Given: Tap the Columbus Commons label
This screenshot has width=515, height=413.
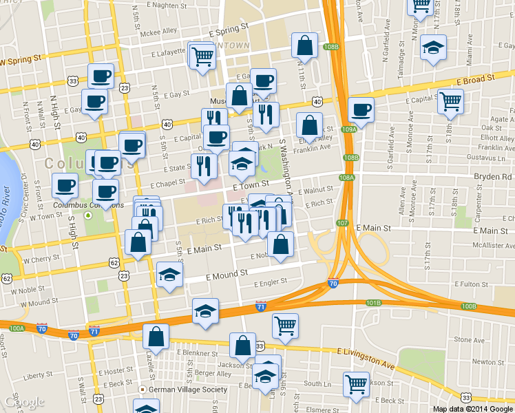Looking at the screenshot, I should click(90, 205).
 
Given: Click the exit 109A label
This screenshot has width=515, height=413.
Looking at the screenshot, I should click(348, 129).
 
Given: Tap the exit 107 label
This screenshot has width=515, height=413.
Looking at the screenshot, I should click(343, 222).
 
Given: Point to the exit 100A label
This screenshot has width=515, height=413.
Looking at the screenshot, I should click(17, 328).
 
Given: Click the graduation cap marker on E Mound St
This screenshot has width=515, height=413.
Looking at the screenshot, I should click(169, 275).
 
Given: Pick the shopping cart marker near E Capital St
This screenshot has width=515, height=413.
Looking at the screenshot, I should click(450, 102).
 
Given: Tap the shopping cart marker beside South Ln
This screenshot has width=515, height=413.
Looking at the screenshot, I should click(355, 384).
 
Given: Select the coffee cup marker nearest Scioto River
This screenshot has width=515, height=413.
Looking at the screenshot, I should click(65, 184).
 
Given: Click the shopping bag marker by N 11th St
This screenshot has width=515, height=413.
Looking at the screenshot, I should click(304, 46).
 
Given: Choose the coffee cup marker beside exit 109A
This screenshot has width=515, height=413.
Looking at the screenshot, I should click(360, 109).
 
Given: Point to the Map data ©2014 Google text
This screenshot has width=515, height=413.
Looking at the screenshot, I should click(472, 408).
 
